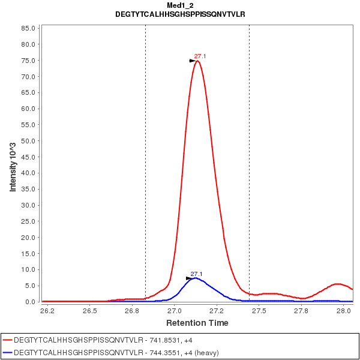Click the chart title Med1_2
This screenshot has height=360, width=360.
180,5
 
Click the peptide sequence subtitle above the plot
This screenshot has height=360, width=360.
180,14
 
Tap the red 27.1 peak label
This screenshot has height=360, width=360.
200,56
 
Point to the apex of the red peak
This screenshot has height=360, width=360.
197,61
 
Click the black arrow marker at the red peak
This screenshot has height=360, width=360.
193,61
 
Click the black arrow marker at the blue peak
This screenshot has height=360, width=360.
189,278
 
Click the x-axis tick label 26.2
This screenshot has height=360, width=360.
47,311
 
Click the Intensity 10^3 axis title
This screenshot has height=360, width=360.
13,163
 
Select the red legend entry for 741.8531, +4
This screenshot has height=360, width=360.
90,340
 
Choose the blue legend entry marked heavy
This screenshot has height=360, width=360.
102,353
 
